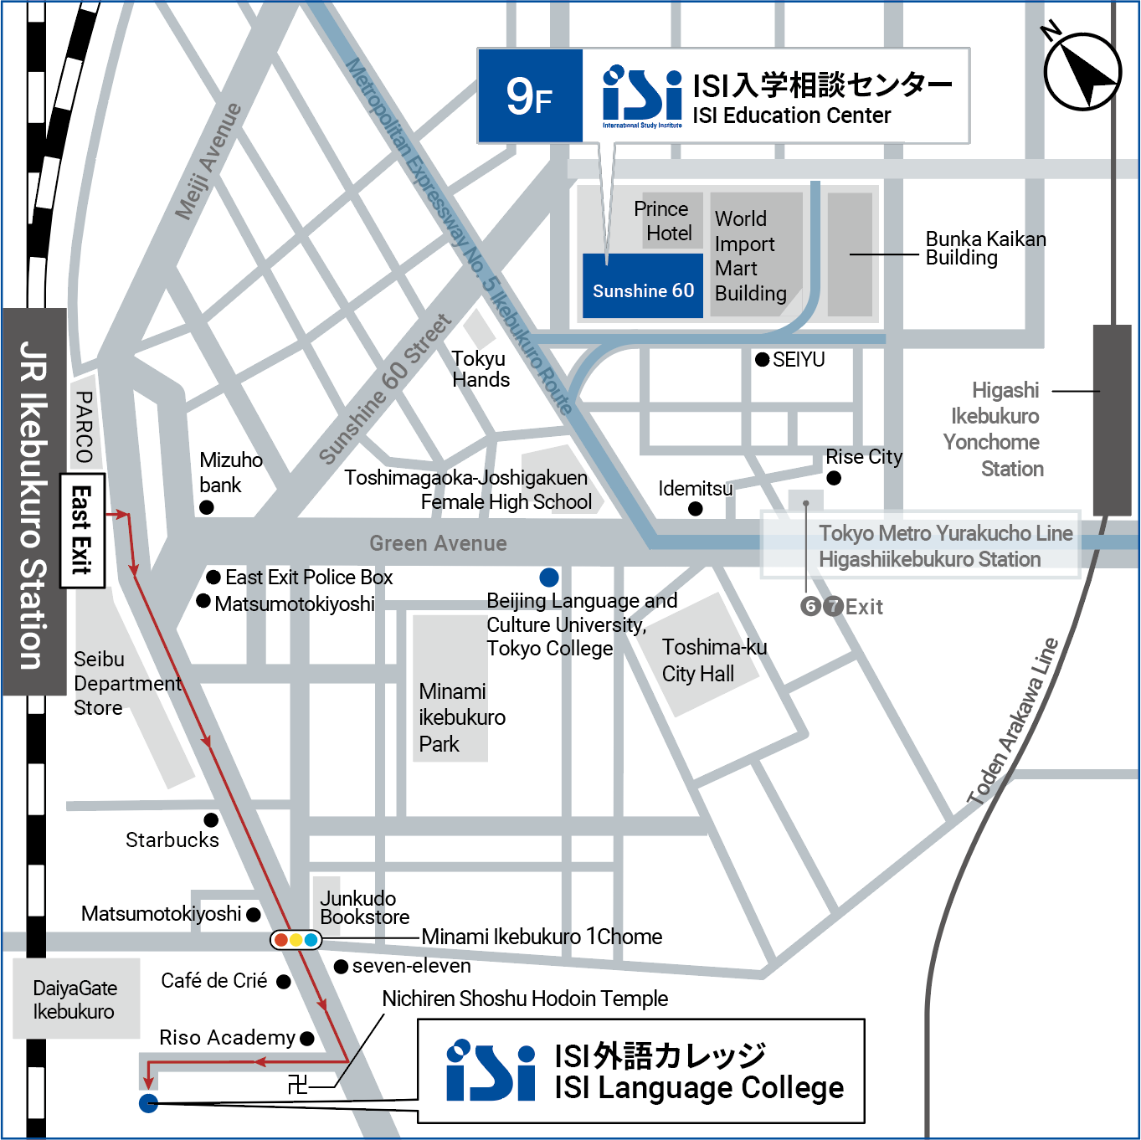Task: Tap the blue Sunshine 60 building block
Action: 643,286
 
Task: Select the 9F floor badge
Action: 530,96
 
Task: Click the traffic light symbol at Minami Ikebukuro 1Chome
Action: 296,939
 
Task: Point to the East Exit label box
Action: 82,531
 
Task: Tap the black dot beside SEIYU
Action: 762,359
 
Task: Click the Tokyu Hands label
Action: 481,369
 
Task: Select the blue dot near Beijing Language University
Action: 549,577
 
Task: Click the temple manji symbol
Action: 297,1086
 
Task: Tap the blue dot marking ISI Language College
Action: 148,1103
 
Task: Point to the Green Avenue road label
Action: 438,543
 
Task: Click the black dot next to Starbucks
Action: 211,819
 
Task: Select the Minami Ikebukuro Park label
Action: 461,717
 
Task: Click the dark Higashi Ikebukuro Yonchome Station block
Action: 1112,419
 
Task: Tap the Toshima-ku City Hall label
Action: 713,660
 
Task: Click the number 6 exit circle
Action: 810,606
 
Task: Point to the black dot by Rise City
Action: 834,478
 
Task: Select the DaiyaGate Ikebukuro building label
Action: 75,999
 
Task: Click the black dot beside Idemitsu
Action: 695,509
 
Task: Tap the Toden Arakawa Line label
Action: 1013,721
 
